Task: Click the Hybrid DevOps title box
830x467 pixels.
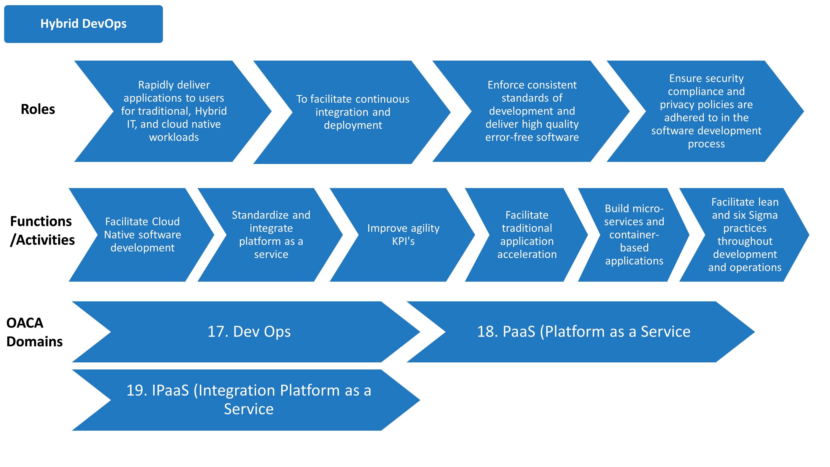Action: point(83,24)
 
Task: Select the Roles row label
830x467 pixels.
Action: point(38,109)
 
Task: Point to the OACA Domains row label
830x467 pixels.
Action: point(34,332)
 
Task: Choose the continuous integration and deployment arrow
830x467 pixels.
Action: point(353,112)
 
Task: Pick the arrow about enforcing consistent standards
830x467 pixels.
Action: point(532,111)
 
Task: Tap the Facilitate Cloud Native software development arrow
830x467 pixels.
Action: point(142,235)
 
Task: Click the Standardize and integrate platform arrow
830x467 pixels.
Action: point(271,235)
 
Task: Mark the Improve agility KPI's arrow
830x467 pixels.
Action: point(403,235)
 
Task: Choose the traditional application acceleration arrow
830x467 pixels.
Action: point(527,235)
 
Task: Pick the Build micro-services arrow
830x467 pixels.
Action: point(634,235)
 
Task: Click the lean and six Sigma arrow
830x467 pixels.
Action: point(745,235)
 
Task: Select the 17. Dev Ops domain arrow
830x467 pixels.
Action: point(249,332)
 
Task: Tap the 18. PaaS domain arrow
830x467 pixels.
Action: point(583,332)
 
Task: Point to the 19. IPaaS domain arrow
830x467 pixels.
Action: point(249,400)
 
